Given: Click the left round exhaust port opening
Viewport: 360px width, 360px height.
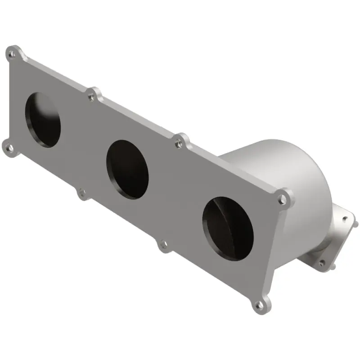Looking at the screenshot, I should point(42,120).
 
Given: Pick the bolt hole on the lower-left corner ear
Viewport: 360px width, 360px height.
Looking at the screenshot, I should point(9,147).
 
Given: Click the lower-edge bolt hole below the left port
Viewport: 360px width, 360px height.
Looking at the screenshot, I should point(81,193).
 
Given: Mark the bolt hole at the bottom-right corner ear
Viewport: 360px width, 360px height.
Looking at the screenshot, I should point(259,306).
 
